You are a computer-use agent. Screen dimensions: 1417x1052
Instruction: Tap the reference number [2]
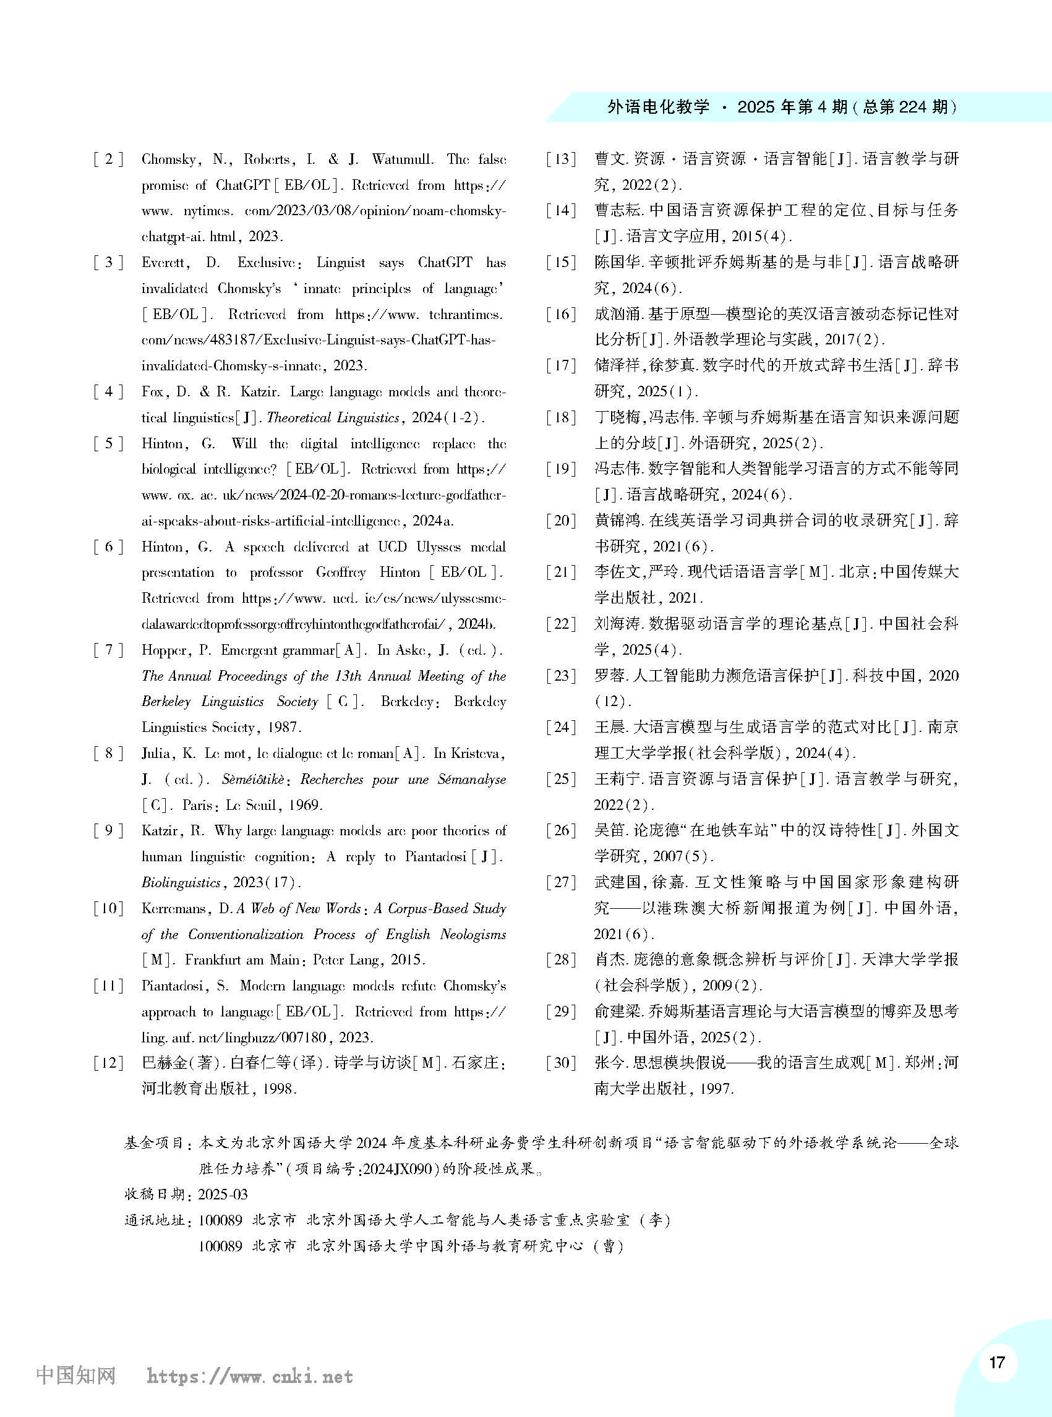(x=108, y=159)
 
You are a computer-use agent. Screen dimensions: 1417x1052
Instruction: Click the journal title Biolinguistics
(x=181, y=883)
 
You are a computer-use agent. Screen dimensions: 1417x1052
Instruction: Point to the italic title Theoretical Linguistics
(x=333, y=417)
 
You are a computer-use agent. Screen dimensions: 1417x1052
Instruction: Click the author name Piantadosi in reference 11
(x=178, y=985)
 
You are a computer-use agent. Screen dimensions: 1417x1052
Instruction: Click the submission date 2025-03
(x=223, y=1194)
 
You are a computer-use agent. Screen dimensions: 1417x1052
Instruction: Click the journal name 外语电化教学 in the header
(x=659, y=107)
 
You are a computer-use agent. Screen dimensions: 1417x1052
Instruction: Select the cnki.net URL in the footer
(x=250, y=1377)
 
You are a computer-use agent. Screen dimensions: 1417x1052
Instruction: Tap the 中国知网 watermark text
(x=76, y=1376)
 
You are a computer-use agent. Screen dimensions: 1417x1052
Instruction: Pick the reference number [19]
(x=561, y=469)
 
